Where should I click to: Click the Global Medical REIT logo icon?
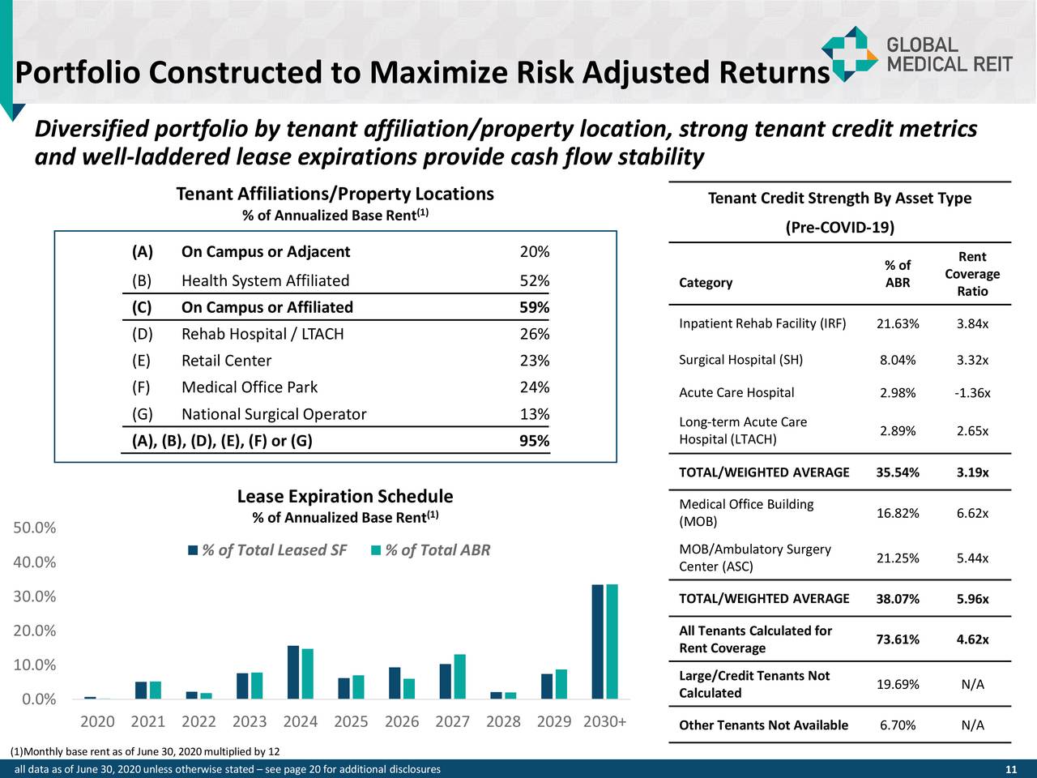[x=849, y=53]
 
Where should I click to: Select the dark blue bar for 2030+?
[x=597, y=641]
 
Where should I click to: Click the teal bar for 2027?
[x=460, y=676]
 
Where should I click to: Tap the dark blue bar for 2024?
[x=293, y=672]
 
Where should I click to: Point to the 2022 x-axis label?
[x=198, y=721]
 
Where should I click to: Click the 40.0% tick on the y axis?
[x=35, y=562]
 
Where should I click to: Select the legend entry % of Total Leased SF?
[x=267, y=550]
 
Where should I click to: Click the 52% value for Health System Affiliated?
[x=534, y=280]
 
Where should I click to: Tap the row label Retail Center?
[x=226, y=361]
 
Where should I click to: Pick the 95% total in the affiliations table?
[x=534, y=441]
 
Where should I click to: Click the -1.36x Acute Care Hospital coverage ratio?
[x=971, y=393]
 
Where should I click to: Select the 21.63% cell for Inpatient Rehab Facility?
[x=897, y=324]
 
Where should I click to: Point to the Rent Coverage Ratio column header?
[x=971, y=274]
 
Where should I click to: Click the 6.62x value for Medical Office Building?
[x=971, y=513]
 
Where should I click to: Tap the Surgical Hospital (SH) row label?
[x=740, y=360]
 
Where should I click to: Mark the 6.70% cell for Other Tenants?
[x=897, y=725]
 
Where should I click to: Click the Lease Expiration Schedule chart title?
[x=344, y=496]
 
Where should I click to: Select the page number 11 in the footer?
[x=1010, y=769]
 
